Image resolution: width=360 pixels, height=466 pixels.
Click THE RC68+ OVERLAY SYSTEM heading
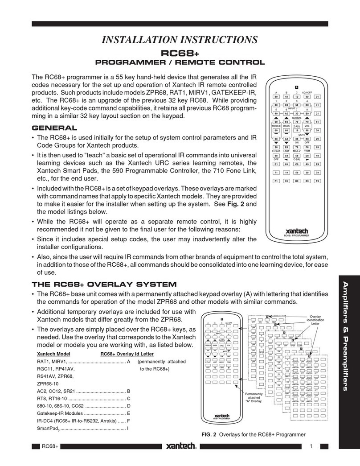click(x=104, y=284)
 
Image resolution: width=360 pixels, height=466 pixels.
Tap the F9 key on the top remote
click(x=317, y=194)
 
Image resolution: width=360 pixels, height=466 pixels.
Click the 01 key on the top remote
click(x=317, y=96)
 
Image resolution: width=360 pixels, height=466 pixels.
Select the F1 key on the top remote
click(x=276, y=194)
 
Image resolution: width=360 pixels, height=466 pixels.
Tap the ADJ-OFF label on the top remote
click(x=307, y=91)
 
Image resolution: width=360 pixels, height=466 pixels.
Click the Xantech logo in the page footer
click(x=183, y=446)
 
